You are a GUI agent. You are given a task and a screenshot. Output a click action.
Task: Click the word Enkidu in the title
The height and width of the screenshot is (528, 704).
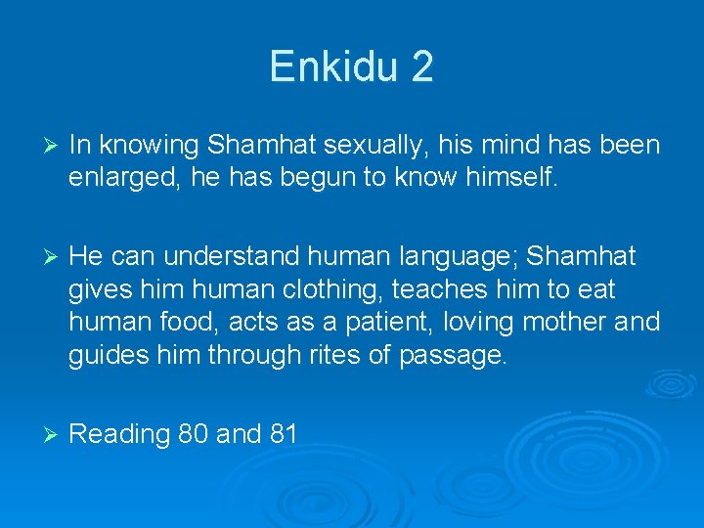tap(334, 66)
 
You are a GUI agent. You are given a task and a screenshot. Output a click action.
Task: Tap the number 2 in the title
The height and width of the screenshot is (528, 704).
tap(422, 66)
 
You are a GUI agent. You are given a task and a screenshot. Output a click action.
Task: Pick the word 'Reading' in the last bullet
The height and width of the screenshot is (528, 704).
tap(120, 434)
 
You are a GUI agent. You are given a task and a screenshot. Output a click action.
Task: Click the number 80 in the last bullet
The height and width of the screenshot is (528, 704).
tap(194, 433)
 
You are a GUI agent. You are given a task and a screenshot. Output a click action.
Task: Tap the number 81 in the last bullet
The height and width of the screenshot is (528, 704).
tap(282, 433)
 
